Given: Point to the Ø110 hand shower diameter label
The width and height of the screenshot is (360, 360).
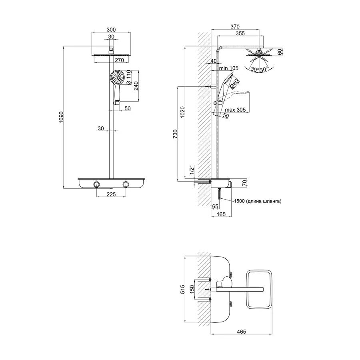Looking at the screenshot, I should click(x=129, y=77).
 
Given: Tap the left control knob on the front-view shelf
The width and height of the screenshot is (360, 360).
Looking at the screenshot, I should click(x=96, y=184).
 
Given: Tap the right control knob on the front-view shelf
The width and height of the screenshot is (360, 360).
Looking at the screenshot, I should click(x=126, y=184).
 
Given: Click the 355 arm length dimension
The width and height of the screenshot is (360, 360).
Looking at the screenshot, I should click(x=240, y=34).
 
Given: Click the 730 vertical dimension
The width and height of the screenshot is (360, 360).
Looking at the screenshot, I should click(x=175, y=134).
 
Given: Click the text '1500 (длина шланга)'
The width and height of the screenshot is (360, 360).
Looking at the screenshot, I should click(x=258, y=201).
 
